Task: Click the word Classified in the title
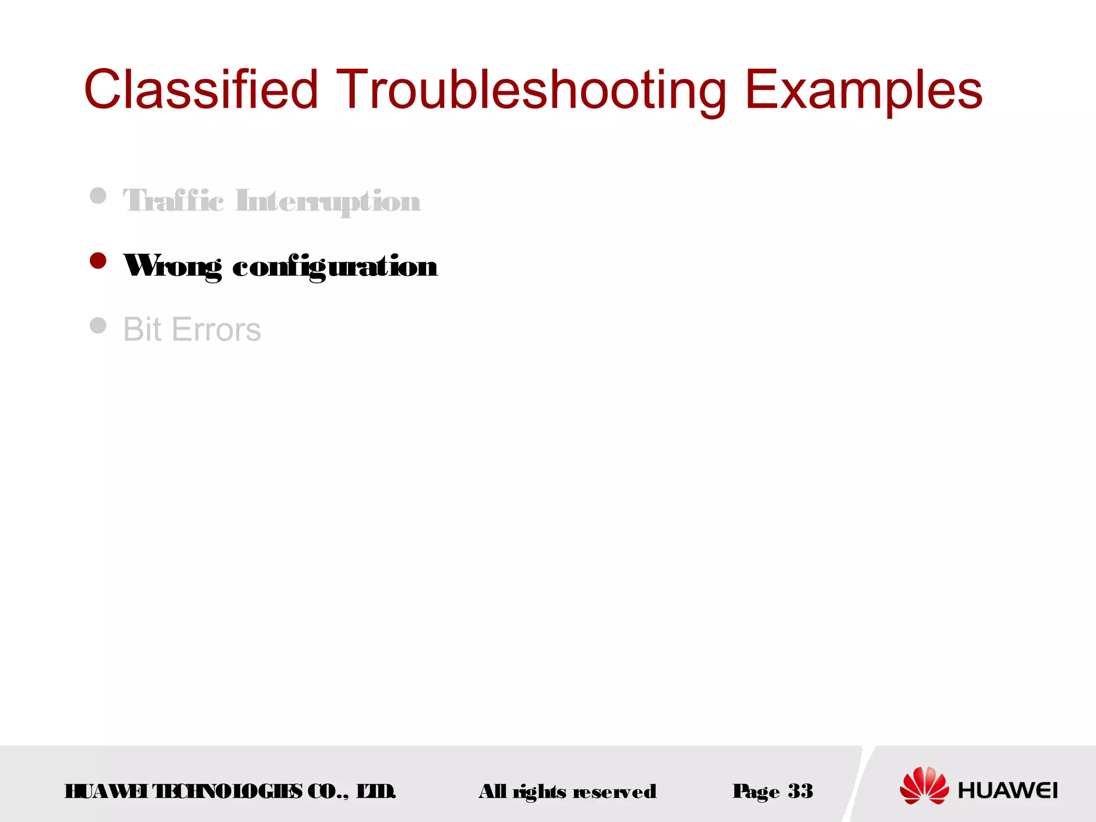(201, 89)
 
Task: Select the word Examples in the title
(863, 89)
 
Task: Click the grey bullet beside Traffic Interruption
(98, 195)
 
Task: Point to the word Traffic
(173, 201)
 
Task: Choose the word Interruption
(328, 201)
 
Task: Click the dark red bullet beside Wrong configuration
(98, 261)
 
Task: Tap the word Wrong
(172, 266)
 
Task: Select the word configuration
(334, 266)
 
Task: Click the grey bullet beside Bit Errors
(98, 325)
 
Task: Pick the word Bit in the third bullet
(142, 329)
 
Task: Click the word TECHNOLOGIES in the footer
(227, 791)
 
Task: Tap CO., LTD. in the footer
(352, 791)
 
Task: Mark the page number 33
(800, 790)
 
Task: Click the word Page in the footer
(756, 791)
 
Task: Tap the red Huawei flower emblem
(924, 785)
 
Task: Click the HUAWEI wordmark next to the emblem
(1007, 790)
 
